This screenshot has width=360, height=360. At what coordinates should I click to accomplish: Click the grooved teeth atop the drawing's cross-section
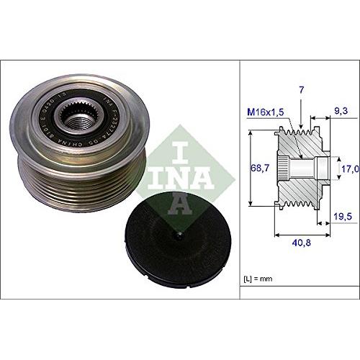[x=295, y=132]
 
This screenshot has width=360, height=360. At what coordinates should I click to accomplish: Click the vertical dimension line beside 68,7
[x=248, y=167]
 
